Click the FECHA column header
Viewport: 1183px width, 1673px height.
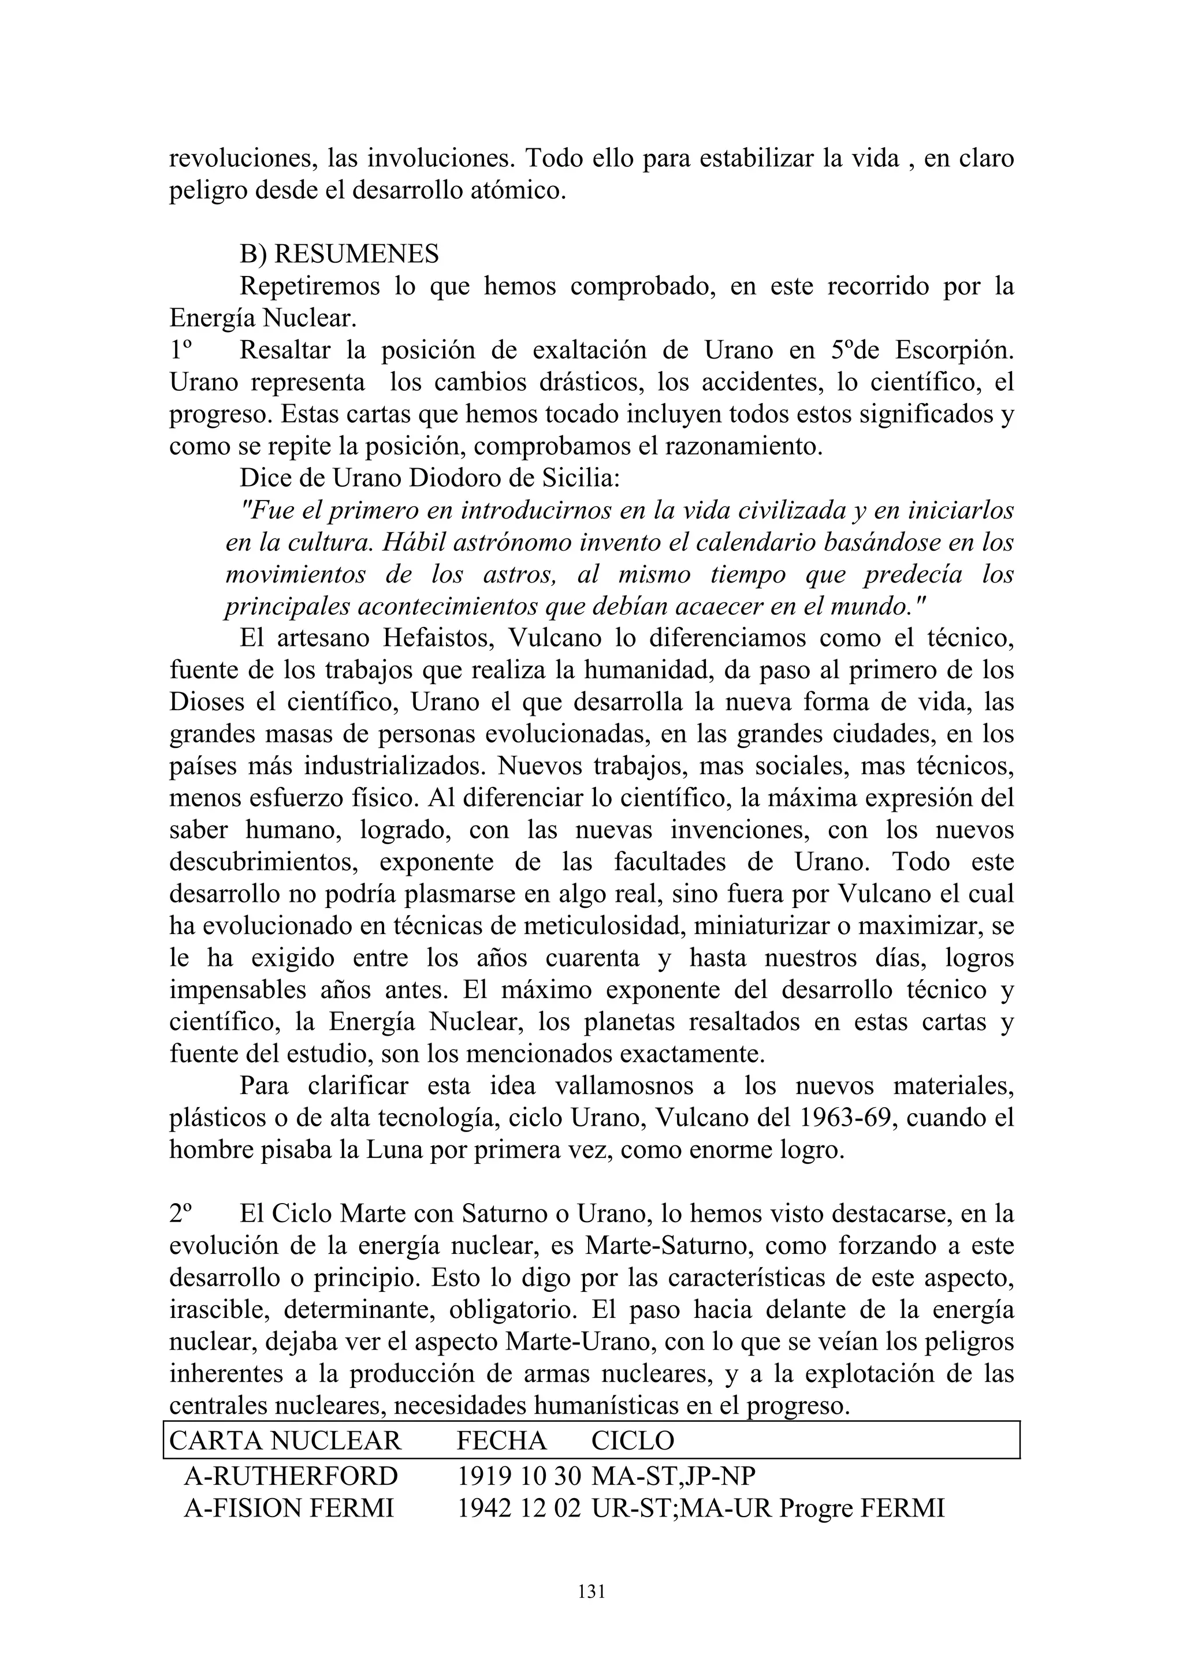tap(501, 1440)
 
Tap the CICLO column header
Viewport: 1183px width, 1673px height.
tap(633, 1440)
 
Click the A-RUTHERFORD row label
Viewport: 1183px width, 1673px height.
tap(291, 1476)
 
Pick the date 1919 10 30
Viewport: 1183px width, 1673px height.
tap(518, 1476)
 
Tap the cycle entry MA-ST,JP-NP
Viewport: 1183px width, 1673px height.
tap(674, 1476)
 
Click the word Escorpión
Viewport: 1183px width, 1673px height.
tap(954, 350)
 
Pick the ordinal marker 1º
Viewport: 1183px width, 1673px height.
tap(179, 350)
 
